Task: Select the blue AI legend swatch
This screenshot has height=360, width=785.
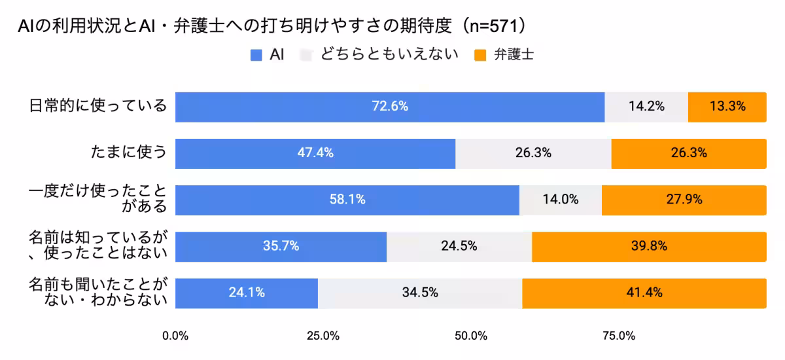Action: click(x=256, y=56)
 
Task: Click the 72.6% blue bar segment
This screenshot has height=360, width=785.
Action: click(x=390, y=107)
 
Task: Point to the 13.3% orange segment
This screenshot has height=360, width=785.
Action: click(x=727, y=107)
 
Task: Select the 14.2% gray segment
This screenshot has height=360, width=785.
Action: click(x=646, y=107)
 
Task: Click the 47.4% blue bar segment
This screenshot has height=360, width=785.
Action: click(x=315, y=153)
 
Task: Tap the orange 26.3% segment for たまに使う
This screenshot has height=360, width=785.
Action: click(x=689, y=153)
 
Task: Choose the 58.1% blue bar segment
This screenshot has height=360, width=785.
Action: click(x=347, y=200)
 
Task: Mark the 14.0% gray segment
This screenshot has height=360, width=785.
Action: click(x=561, y=200)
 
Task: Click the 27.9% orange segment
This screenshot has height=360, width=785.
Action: click(x=684, y=200)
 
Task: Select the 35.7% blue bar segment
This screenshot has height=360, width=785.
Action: click(x=281, y=247)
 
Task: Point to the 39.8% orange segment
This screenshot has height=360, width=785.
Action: click(x=649, y=247)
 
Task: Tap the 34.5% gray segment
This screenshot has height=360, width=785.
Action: click(x=420, y=293)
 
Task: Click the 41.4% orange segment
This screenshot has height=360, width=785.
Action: click(x=644, y=293)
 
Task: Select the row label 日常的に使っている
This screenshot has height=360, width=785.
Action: click(x=99, y=106)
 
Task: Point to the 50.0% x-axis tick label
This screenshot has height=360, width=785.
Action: click(x=471, y=336)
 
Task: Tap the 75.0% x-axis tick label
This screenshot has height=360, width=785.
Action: click(x=619, y=336)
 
